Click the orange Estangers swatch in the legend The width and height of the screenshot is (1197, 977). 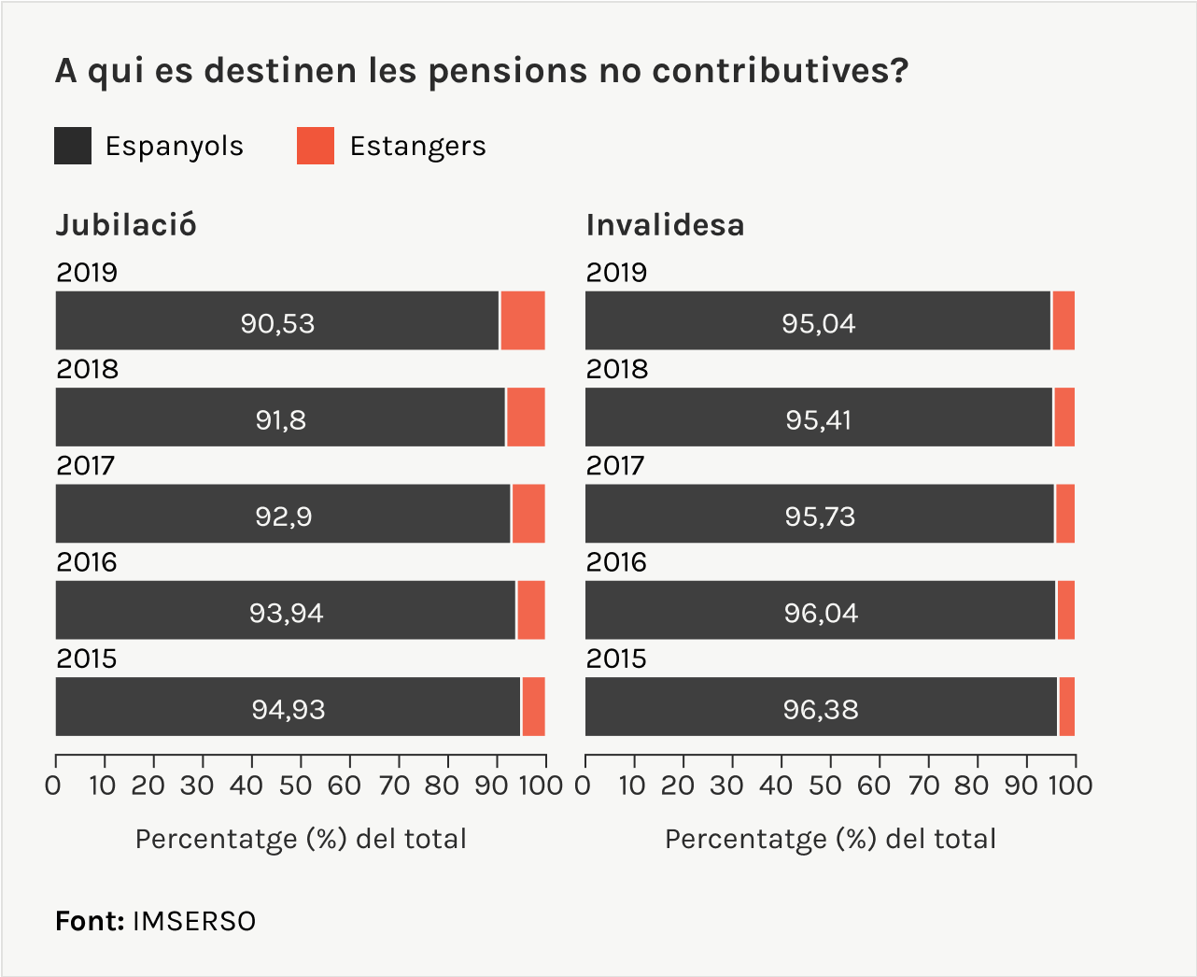click(x=316, y=146)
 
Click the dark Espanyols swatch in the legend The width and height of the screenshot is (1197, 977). click(x=73, y=146)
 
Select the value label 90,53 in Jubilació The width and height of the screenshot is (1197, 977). click(x=277, y=323)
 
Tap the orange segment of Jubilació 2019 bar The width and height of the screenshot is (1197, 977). click(x=522, y=320)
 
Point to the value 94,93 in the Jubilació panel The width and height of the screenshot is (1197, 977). click(x=289, y=709)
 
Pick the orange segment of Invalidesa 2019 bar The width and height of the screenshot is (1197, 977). click(x=1063, y=320)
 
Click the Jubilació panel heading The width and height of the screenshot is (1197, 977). click(x=126, y=225)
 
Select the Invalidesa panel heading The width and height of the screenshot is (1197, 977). click(x=665, y=225)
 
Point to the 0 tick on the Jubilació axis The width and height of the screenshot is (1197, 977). click(x=54, y=785)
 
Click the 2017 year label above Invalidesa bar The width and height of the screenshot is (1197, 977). click(x=615, y=465)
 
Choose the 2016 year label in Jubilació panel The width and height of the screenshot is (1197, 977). click(x=86, y=562)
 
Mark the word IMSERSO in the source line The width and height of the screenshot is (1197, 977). click(x=194, y=921)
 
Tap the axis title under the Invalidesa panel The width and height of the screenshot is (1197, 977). click(x=830, y=839)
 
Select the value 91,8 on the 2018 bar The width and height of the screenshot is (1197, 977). click(x=281, y=420)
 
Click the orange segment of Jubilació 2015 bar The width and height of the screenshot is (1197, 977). click(x=533, y=707)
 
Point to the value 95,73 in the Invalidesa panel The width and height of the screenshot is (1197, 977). click(x=820, y=517)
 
